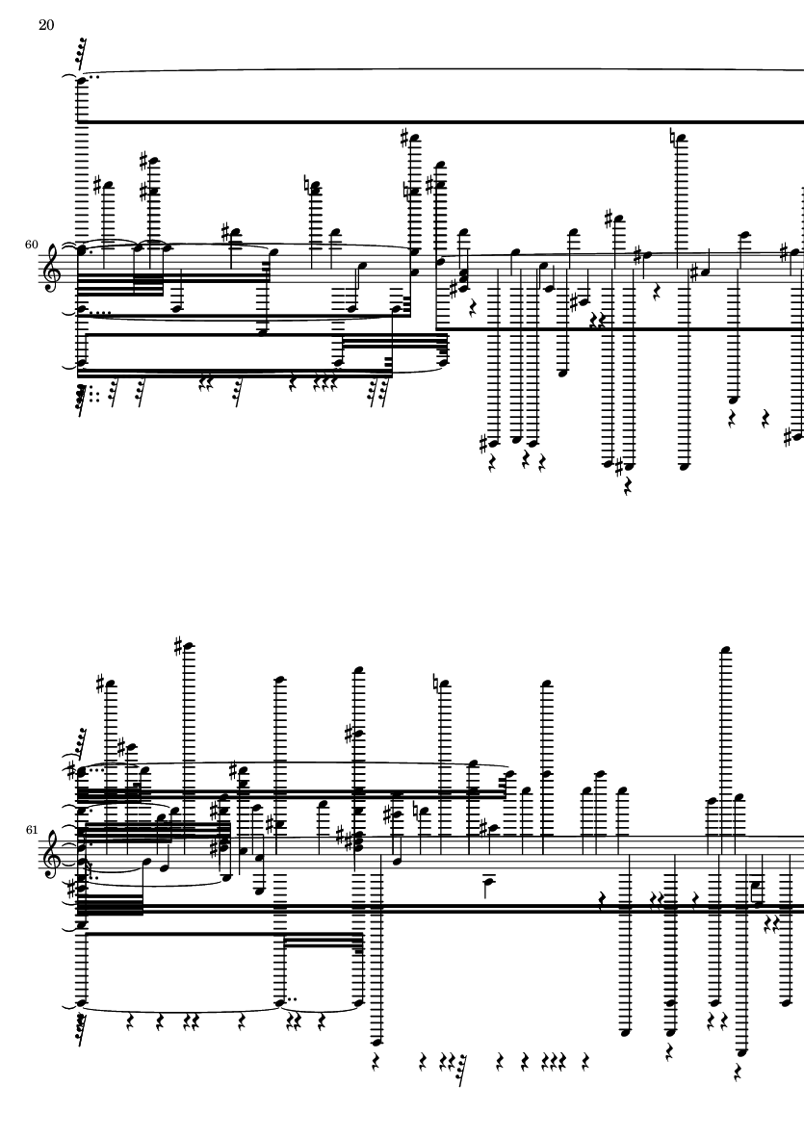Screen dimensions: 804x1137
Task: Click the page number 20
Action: pos(46,25)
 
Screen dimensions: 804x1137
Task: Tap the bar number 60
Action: pos(31,245)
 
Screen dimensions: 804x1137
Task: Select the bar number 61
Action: pos(31,830)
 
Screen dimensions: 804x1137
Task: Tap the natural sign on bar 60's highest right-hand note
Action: pos(673,136)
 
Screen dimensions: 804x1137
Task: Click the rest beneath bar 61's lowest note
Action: pos(738,1071)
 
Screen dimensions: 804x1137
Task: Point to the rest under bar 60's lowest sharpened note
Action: pos(628,486)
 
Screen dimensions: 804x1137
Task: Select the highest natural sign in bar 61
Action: pos(435,683)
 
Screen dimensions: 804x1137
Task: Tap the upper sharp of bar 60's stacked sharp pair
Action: pos(144,160)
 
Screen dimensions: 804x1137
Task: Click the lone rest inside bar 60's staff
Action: pos(658,293)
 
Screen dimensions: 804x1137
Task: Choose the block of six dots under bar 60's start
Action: pos(94,395)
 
